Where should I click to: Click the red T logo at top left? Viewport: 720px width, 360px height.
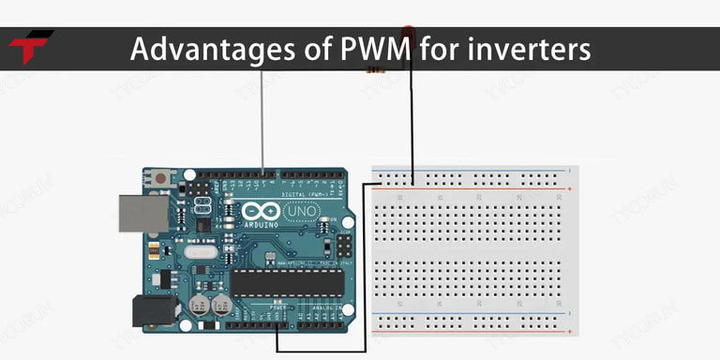tap(31, 47)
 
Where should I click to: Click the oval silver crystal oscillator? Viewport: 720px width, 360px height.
tap(201, 250)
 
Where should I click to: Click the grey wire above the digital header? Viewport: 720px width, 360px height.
tap(262, 122)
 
